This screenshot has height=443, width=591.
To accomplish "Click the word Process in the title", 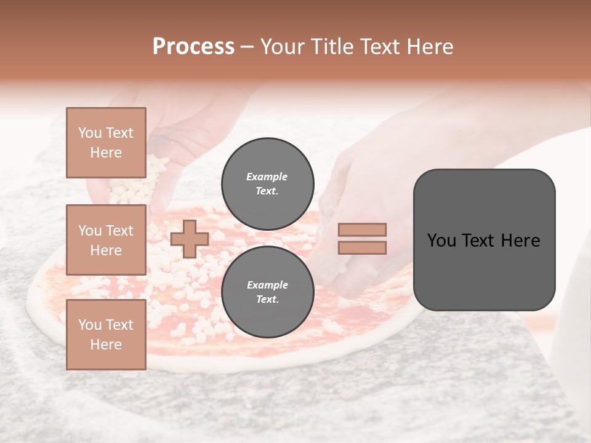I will coord(193,47).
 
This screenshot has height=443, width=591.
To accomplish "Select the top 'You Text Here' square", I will coord(106,143).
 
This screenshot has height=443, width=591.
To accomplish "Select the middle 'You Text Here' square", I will coord(106,240).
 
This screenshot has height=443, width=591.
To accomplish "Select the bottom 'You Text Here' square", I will coord(106,335).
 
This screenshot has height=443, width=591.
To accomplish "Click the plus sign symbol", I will coord(190,239).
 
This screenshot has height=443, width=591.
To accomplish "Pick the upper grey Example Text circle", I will coord(268,183).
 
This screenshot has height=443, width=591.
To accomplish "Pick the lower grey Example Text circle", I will coord(268,292).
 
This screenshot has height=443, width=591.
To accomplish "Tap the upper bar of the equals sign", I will coord(362,229).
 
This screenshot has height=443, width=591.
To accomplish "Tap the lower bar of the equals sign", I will coord(362,247).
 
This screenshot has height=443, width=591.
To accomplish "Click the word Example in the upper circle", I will coord(267,177).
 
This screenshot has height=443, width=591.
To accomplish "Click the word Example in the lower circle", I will coord(267,285).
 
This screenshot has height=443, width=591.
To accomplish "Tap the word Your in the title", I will coord(281,47).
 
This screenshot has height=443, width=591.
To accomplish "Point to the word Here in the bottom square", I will coord(106,345).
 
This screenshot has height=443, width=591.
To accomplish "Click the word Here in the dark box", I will coord(521,241).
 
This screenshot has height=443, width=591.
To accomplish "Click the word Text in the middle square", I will coord(119,231).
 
